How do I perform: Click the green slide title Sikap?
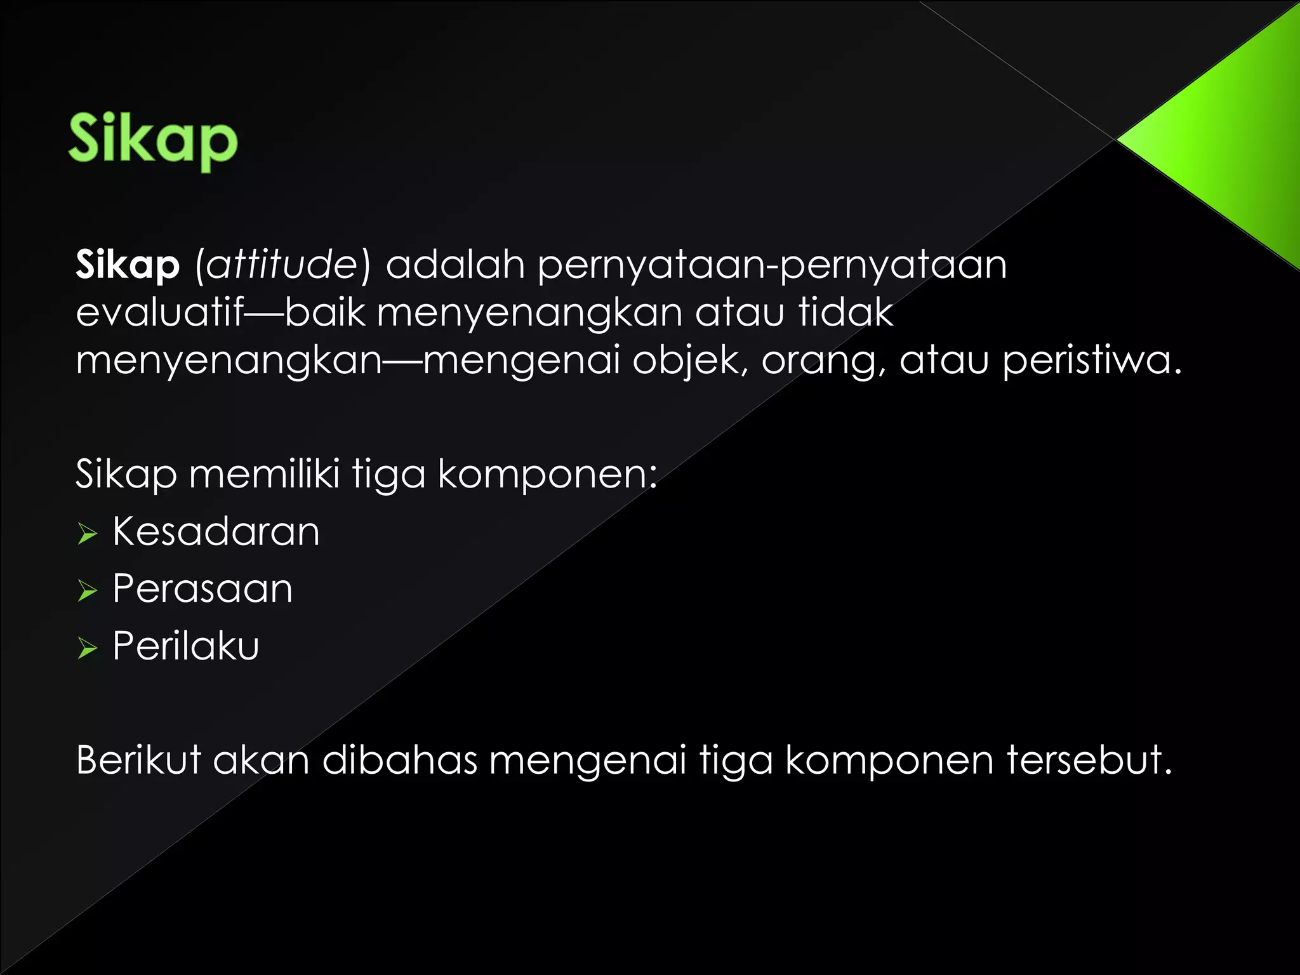tap(153, 139)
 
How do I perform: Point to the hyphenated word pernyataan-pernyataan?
tap(772, 265)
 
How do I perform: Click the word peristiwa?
tap(1091, 361)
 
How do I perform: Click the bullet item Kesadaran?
tap(216, 531)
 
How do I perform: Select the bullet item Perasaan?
tap(202, 588)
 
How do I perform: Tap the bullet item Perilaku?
tap(186, 646)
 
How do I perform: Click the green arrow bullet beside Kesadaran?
tap(87, 534)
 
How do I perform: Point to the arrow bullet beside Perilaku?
tap(87, 648)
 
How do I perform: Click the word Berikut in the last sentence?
tap(138, 760)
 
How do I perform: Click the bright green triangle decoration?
tap(1225, 140)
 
